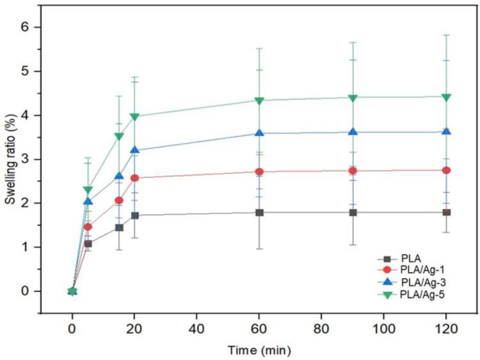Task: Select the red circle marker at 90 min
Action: [352, 171]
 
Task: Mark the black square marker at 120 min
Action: [446, 213]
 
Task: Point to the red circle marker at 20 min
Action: [134, 178]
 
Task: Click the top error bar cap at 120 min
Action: [446, 35]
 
